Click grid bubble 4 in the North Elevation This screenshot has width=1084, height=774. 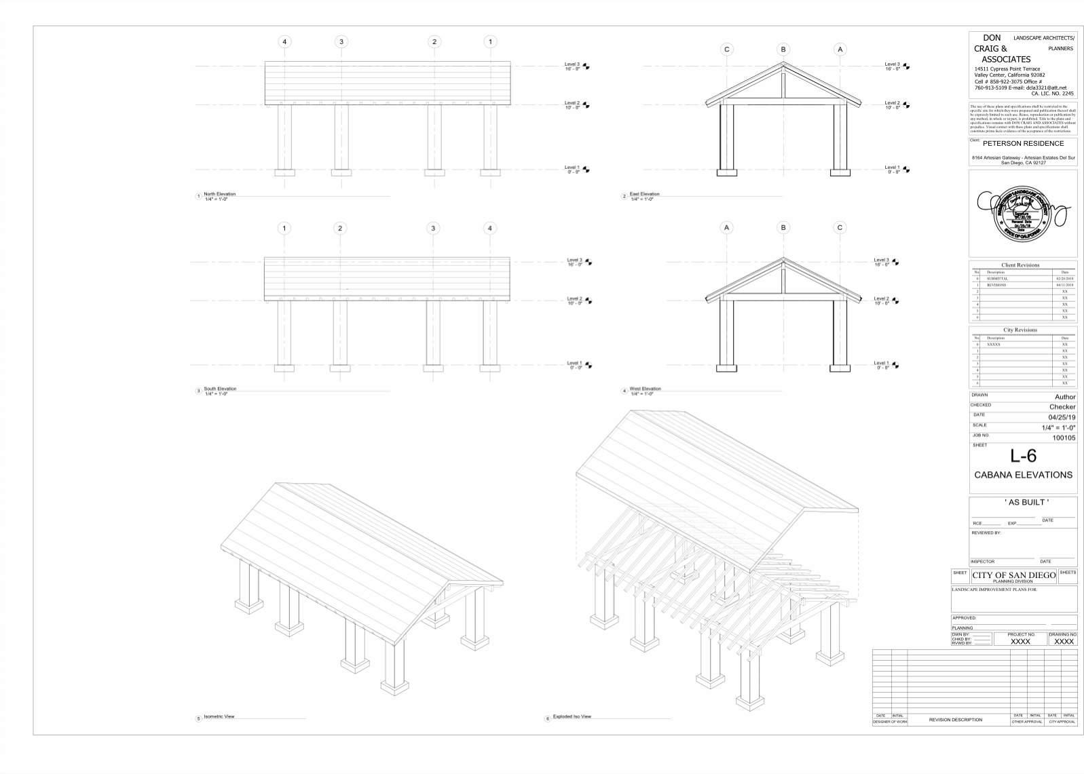284,42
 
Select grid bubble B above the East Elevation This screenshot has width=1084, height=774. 783,50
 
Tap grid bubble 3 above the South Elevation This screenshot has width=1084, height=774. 433,228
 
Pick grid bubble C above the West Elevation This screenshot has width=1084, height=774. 840,228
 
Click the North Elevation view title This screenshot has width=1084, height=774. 219,195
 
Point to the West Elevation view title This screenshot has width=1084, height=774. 645,389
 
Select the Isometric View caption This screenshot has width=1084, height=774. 219,716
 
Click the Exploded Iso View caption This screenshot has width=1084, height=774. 572,716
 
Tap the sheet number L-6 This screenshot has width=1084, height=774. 1023,456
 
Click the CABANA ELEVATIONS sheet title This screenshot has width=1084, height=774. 1023,475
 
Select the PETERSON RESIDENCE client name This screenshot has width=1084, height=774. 1023,144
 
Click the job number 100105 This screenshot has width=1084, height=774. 1064,438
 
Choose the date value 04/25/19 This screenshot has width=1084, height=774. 1062,417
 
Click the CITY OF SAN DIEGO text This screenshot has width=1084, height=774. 1013,575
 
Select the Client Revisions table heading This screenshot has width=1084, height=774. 1020,265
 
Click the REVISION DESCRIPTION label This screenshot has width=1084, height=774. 955,720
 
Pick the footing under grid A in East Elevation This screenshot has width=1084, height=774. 840,172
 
